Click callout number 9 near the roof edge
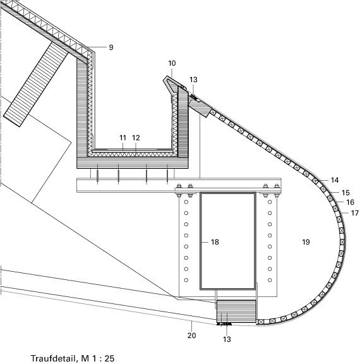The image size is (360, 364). tap(111, 47)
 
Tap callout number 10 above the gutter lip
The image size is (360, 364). tap(172, 63)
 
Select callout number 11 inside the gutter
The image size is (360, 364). tap(123, 138)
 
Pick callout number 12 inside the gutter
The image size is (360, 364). tap(136, 138)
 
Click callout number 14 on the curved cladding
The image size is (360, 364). tap(335, 180)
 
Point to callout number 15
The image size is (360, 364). tap(345, 193)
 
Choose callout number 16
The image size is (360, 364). tap(351, 202)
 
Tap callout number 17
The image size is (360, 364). tap(355, 213)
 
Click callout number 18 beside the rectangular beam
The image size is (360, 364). tap(215, 242)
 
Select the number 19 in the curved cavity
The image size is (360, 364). tap(306, 242)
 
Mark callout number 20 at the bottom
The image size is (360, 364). tap(191, 336)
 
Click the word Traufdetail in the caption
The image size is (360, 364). tap(53, 358)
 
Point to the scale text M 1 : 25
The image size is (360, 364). tap(98, 358)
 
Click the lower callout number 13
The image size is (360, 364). tap(227, 339)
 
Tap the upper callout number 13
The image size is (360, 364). tap(193, 80)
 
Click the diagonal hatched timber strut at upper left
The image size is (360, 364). tap(36, 85)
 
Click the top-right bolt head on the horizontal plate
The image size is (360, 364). tap(277, 186)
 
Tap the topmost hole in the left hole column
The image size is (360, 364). tap(186, 202)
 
